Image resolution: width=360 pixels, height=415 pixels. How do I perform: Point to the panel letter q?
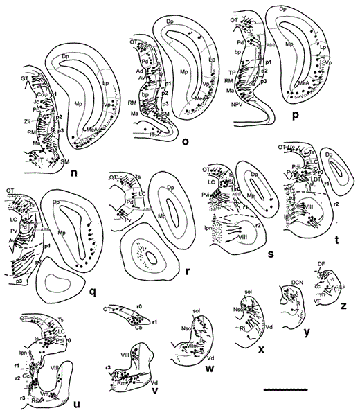pos(91,291)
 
